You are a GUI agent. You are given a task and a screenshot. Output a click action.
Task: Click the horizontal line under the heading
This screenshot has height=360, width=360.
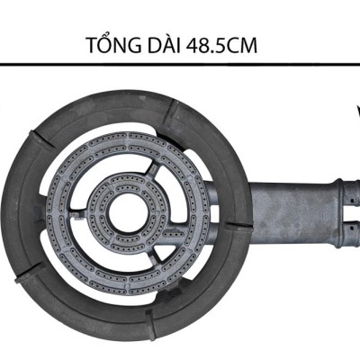click(x=180, y=65)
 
